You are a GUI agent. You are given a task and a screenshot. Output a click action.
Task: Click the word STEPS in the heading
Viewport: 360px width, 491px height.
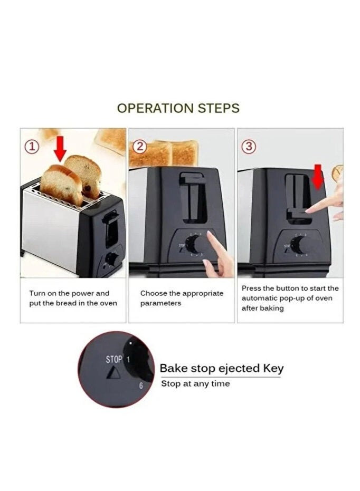pos(218,108)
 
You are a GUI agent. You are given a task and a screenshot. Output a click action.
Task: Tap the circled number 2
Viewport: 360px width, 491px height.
pos(139,147)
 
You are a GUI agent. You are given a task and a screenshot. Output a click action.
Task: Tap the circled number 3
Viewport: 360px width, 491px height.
pos(248,147)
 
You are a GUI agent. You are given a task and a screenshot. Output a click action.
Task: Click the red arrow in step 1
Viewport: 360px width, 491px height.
pos(60,148)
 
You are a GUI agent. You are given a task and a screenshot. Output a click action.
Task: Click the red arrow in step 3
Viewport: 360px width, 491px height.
pos(317,176)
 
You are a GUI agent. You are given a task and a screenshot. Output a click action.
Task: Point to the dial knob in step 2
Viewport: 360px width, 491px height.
pos(194,244)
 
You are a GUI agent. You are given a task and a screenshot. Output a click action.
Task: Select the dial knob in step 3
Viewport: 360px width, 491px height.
pos(299,245)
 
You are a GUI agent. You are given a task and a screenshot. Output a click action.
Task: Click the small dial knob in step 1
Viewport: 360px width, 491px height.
pos(112,259)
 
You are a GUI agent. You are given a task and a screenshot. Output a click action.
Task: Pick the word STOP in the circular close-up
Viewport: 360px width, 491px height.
pos(114,360)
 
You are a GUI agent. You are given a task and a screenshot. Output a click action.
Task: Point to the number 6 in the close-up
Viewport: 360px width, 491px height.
pos(141,386)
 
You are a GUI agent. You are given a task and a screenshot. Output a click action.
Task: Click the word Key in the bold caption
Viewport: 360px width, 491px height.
pos(272,368)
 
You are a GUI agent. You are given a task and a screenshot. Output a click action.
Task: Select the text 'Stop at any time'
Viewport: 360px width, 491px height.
pos(195,384)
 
